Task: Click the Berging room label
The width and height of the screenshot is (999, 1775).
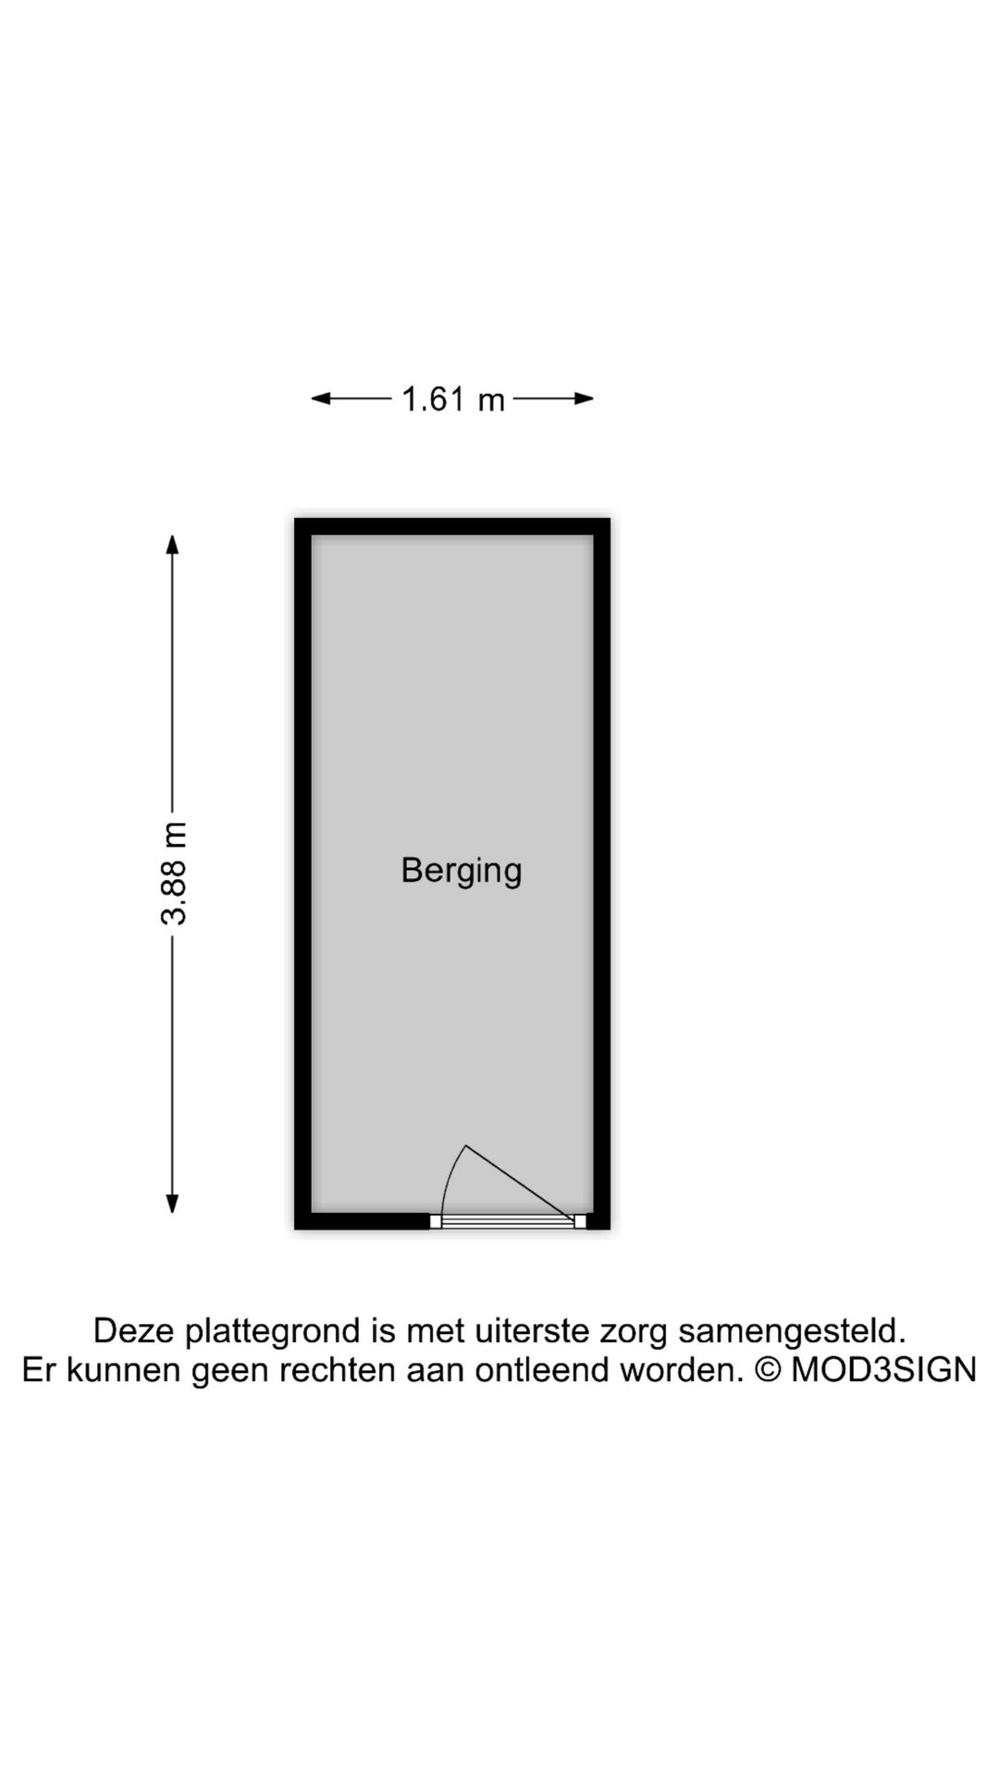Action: (462, 871)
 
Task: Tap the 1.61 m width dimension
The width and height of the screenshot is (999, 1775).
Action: (453, 399)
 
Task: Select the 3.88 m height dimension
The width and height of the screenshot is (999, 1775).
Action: (173, 874)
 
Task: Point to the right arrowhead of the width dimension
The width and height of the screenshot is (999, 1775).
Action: (584, 399)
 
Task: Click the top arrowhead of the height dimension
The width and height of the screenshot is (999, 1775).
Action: (172, 545)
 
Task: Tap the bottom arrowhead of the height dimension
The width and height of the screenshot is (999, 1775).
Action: (172, 1203)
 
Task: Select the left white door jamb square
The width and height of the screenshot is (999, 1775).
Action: (436, 1221)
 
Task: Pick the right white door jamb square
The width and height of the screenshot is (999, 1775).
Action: (580, 1221)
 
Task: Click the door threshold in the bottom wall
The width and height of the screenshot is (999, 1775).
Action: (508, 1221)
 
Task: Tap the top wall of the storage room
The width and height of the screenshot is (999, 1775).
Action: (452, 527)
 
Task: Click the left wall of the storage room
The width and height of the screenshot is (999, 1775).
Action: (302, 874)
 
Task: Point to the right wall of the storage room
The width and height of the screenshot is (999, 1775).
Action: (601, 874)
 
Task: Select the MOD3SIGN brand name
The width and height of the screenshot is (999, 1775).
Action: (883, 1369)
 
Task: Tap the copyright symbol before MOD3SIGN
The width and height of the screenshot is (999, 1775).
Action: (768, 1369)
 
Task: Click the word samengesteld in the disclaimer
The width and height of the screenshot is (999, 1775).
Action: (792, 1332)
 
